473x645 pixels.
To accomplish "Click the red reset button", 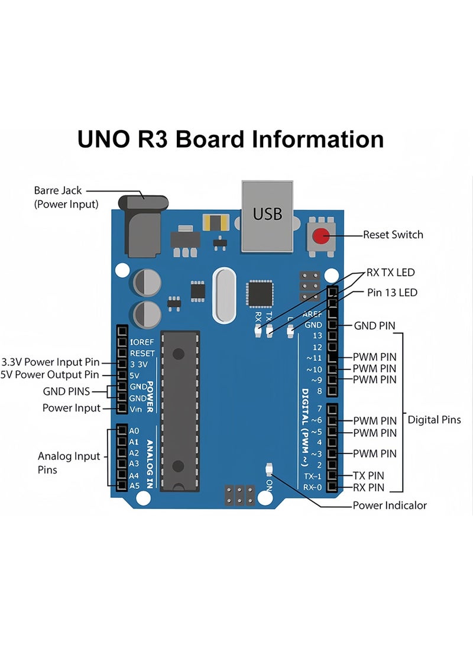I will [x=321, y=236].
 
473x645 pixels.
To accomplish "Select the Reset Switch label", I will [x=393, y=235].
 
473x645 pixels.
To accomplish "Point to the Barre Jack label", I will [x=58, y=190].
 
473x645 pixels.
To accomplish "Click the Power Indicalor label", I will [x=389, y=505].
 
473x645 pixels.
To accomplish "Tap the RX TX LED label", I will [x=391, y=273].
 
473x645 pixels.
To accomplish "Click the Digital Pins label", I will [x=434, y=420].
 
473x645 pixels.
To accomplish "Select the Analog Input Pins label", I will [x=69, y=462].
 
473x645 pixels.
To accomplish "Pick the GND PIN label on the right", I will [x=374, y=326].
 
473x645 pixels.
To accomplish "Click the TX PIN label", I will [x=368, y=475].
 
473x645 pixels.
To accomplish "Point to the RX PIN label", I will [x=368, y=488].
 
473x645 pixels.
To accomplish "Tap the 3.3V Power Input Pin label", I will [x=51, y=362].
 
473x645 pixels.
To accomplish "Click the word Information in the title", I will [x=318, y=140].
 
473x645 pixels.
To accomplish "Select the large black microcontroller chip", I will [x=180, y=410].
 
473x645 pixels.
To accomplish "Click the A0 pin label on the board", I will [x=134, y=430].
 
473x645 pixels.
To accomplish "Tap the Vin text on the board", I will [x=135, y=409].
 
